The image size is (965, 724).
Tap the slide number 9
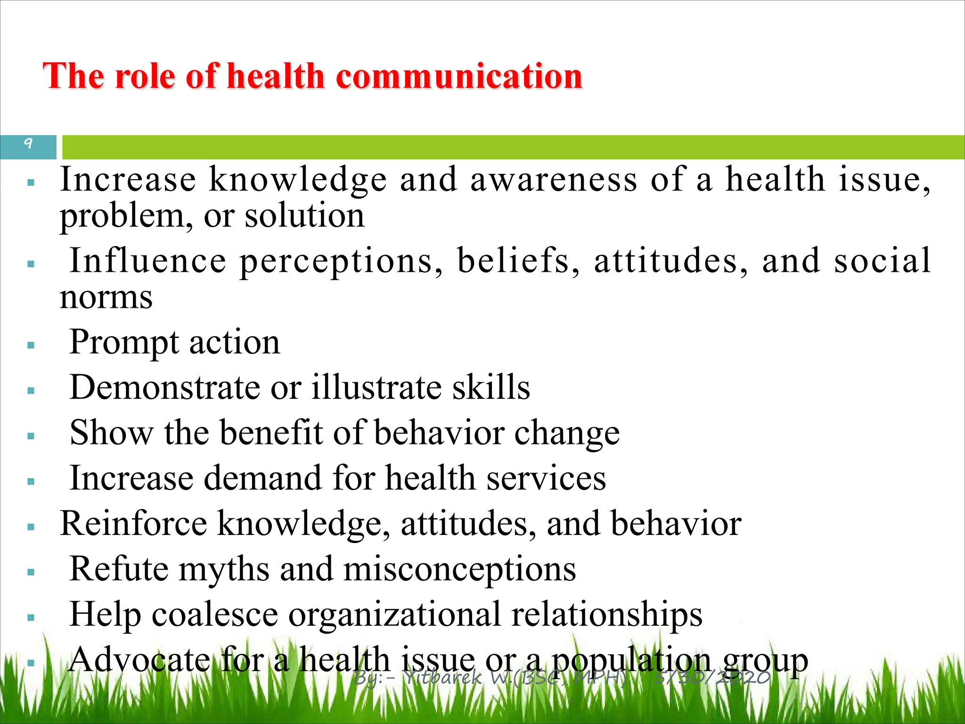click(28, 143)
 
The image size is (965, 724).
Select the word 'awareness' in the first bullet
click(554, 180)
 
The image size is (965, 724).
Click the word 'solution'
click(304, 216)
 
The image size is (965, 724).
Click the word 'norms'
click(106, 298)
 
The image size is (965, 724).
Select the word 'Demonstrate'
click(164, 387)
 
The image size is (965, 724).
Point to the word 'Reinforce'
click(133, 524)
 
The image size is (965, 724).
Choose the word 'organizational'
click(394, 615)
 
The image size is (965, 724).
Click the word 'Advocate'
click(139, 660)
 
